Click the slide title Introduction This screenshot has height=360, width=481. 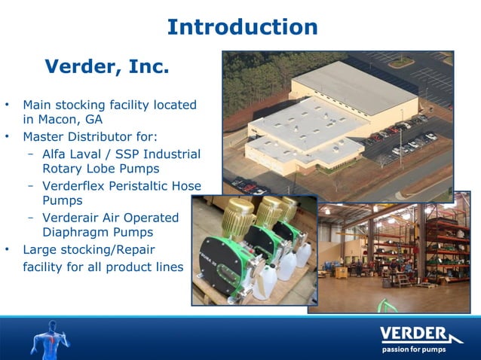pos(242,27)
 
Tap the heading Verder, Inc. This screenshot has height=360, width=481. pos(106,67)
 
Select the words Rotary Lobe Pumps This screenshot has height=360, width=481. pos(101,169)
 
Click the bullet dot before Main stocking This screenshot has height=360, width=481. pos(8,105)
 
